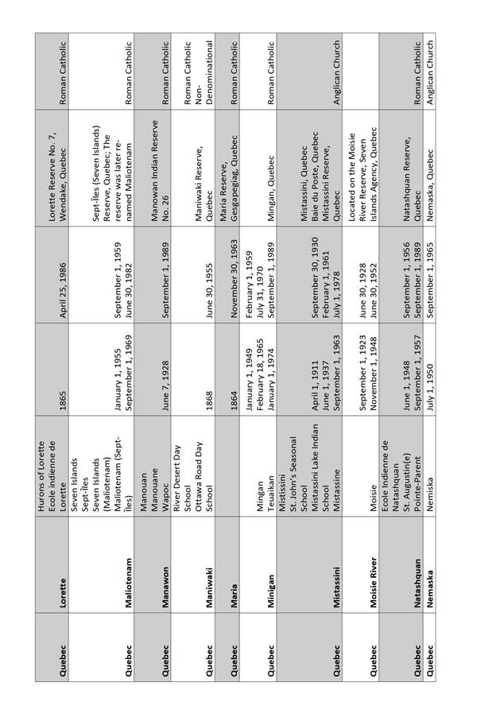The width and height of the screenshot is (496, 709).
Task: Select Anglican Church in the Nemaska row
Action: [431, 68]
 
